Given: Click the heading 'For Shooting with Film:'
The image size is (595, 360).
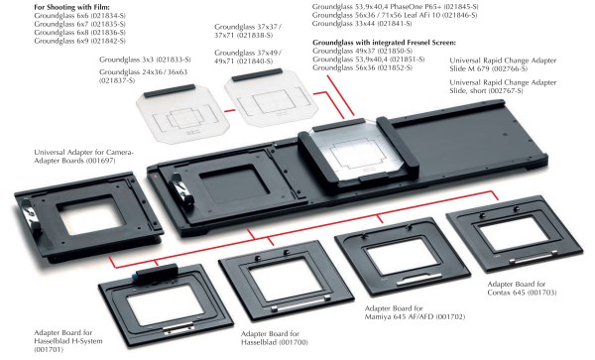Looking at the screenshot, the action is tap(71, 7).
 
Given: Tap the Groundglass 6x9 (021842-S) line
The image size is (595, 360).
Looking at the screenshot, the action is tap(79, 41).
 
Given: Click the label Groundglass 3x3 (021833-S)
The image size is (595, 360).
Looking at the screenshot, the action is tap(145, 60).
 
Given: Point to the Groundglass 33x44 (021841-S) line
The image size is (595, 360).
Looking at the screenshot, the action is tap(362, 24).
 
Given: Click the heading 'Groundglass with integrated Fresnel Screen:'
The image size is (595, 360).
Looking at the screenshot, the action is tap(385, 43).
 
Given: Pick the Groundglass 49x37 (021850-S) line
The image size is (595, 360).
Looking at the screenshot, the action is tap(362, 51).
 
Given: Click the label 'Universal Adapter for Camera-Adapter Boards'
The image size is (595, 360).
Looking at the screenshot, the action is tap(84, 157).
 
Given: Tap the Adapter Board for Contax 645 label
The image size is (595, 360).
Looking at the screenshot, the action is tap(522, 289).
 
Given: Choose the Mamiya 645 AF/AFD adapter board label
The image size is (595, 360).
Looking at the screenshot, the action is tap(415, 312).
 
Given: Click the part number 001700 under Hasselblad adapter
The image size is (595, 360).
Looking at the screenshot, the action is tap(293, 342).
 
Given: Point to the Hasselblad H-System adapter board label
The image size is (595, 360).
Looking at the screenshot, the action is tap(68, 341).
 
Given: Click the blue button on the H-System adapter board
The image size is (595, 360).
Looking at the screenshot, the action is tap(136, 275).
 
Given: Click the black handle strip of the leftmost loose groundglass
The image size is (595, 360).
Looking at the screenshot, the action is tap(170, 91).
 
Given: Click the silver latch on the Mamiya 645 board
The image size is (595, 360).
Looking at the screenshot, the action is tap(418, 280).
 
